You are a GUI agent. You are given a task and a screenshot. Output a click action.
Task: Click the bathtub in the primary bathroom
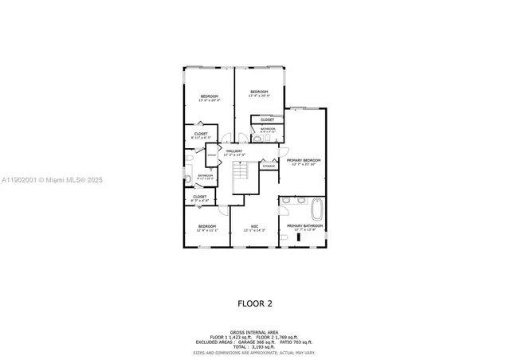click(318, 210)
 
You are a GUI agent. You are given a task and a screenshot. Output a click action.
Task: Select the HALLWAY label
click(234, 151)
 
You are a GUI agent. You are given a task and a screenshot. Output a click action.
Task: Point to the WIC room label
click(254, 226)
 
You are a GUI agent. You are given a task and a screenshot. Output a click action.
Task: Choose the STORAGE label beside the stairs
click(269, 166)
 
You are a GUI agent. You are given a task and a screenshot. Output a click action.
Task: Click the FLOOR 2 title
click(254, 303)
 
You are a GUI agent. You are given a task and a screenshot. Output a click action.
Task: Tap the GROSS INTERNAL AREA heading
click(254, 331)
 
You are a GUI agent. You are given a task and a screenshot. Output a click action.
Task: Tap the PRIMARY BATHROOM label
click(305, 226)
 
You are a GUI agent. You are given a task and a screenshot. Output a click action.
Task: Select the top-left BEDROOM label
click(209, 96)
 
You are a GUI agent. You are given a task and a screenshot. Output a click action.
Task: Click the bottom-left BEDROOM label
click(207, 226)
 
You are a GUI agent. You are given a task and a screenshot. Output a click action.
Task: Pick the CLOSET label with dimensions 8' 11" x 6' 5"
click(201, 134)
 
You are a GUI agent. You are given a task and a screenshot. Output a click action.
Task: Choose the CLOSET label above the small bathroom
click(267, 119)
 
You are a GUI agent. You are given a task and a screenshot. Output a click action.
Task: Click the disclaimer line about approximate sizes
click(254, 351)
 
